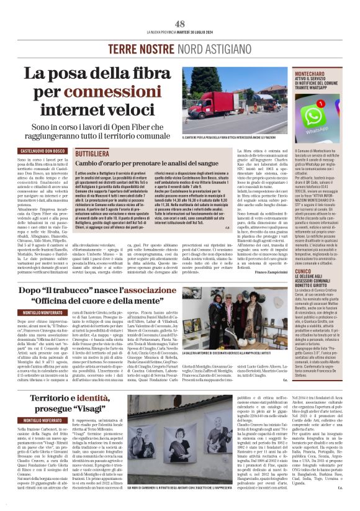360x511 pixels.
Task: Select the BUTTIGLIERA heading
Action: click(x=92, y=152)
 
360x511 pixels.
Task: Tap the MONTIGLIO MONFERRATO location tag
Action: click(x=38, y=310)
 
